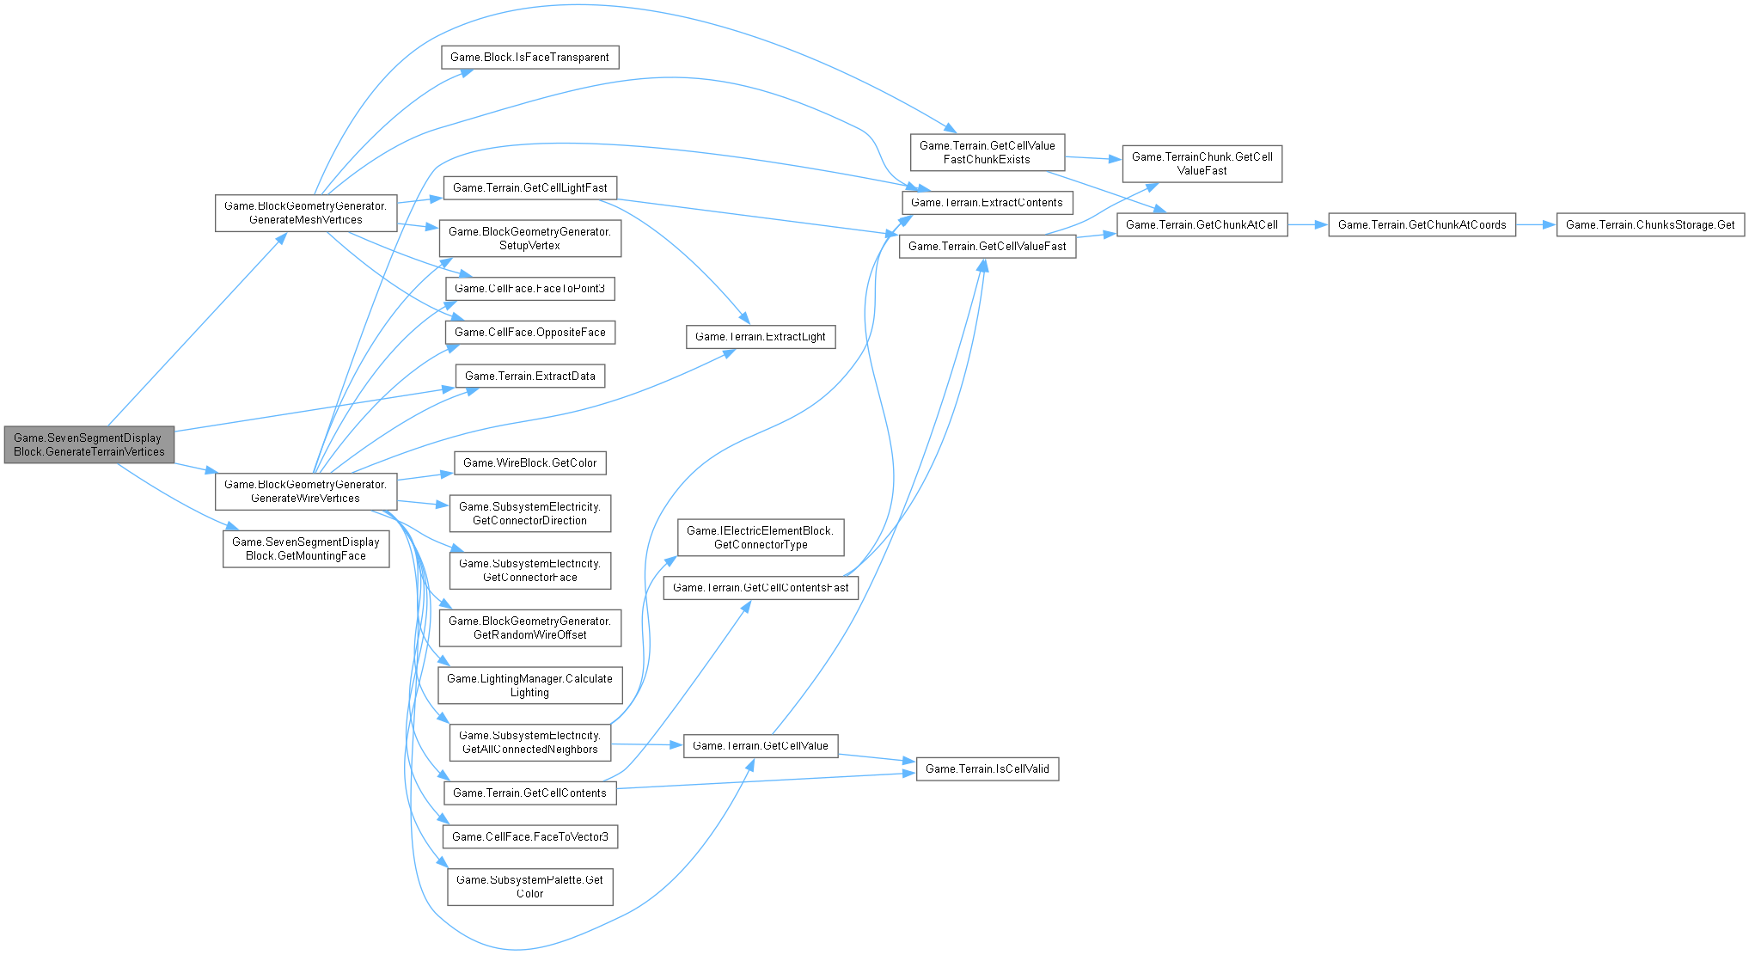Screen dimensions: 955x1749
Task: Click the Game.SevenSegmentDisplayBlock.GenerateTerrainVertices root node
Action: click(x=89, y=444)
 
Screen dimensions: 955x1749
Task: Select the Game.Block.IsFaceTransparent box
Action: click(x=529, y=58)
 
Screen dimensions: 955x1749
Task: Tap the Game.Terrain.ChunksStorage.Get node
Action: click(x=1650, y=224)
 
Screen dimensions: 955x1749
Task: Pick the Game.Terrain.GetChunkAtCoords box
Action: click(x=1422, y=224)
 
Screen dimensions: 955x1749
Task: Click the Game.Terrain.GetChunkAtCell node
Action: click(x=1202, y=224)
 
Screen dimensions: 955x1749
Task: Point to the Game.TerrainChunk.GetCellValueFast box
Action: click(x=1202, y=163)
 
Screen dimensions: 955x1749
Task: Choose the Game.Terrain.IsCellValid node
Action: click(x=988, y=768)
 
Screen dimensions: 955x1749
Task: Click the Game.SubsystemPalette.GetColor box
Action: click(x=529, y=886)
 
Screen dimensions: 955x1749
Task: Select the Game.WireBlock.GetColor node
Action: click(x=529, y=462)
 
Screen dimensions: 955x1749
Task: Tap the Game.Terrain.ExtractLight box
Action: click(x=761, y=336)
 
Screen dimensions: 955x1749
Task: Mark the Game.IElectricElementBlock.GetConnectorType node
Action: click(x=761, y=537)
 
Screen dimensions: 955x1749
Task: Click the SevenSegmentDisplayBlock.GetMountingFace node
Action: click(x=306, y=548)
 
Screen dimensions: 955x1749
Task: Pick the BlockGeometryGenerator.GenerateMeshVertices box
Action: click(x=306, y=212)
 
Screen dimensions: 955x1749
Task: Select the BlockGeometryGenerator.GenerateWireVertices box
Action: click(x=306, y=491)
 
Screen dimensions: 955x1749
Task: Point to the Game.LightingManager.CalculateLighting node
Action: click(x=529, y=685)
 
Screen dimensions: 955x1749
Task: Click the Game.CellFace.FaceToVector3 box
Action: click(x=529, y=836)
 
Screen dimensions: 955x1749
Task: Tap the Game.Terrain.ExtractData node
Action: click(x=529, y=376)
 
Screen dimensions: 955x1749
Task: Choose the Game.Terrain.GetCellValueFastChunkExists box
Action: click(x=988, y=152)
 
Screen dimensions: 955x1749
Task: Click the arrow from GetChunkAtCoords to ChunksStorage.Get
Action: click(x=1536, y=224)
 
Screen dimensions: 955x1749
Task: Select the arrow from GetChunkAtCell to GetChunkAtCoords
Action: click(x=1307, y=224)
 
